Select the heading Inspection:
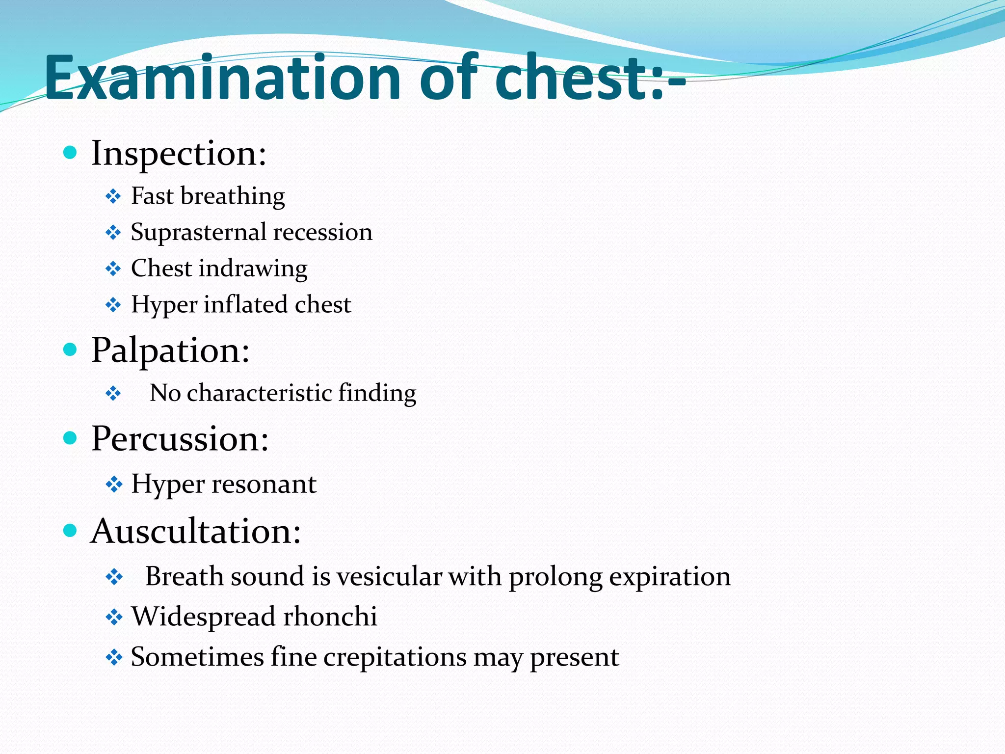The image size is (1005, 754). pos(179,154)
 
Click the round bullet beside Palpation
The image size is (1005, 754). pos(71,350)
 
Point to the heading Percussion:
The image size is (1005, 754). pos(180,438)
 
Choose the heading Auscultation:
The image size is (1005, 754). pos(196,531)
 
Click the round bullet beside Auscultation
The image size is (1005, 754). pos(71,530)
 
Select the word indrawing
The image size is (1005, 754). pos(253,269)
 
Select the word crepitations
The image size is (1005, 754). pos(395,657)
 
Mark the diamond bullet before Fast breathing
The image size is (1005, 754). pos(113,197)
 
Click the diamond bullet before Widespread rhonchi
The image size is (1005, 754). pos(114,617)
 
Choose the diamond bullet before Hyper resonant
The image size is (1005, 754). pos(114,485)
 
